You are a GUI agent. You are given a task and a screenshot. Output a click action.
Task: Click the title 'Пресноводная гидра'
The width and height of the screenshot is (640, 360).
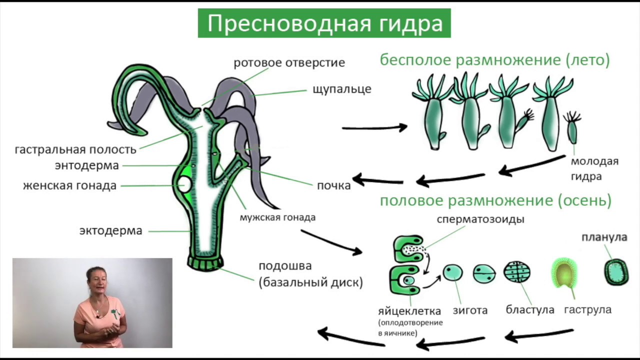point(324,23)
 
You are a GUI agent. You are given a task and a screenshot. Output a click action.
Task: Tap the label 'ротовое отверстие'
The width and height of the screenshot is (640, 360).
point(289,63)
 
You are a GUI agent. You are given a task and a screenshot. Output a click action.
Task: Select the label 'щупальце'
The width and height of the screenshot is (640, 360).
point(341,89)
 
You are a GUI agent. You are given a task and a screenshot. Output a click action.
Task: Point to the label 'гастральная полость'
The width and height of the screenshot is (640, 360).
point(75,149)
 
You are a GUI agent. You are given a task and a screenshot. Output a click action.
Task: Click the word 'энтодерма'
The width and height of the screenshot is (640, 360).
point(87,165)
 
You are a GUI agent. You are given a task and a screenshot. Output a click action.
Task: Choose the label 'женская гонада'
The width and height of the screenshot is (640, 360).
point(69,185)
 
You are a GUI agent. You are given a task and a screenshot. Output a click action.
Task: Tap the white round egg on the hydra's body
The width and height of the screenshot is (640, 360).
point(184,184)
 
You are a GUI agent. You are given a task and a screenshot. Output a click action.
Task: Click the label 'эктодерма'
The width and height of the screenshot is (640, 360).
point(110,230)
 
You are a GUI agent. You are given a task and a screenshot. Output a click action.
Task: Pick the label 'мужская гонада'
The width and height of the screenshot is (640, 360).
point(277,217)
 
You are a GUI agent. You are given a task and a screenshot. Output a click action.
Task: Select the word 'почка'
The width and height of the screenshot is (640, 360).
point(333,185)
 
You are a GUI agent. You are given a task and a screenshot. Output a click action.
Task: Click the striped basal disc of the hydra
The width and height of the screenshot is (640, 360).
point(205,262)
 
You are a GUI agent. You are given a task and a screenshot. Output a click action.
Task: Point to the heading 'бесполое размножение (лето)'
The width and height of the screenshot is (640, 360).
point(494,60)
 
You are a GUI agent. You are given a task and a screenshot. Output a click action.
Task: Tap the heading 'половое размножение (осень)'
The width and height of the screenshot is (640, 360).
point(495,201)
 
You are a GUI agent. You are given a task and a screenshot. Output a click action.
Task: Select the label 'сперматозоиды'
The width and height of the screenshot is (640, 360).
point(480,219)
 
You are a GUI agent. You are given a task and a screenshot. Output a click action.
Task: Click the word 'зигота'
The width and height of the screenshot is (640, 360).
point(470,310)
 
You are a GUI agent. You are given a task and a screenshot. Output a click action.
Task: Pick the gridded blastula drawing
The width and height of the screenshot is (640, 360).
point(516,272)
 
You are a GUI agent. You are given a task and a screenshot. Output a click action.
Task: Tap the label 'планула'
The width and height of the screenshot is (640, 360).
point(604,237)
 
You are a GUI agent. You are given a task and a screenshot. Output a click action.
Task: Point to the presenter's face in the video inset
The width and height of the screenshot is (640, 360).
point(96,280)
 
